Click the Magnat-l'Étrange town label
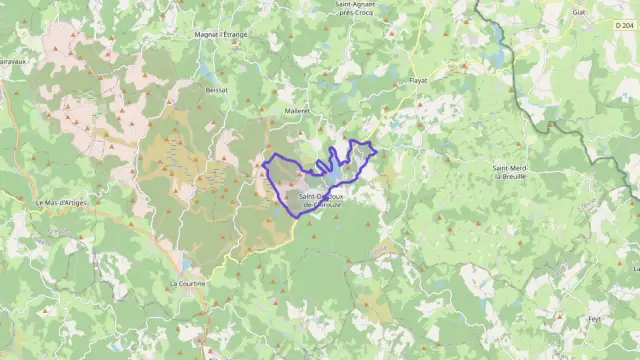[x=221, y=34]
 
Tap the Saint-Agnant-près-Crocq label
[x=358, y=9]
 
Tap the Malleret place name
[x=297, y=110]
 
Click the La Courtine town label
[x=187, y=283]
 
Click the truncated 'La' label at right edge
[x=635, y=268]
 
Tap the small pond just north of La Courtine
[x=187, y=266]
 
